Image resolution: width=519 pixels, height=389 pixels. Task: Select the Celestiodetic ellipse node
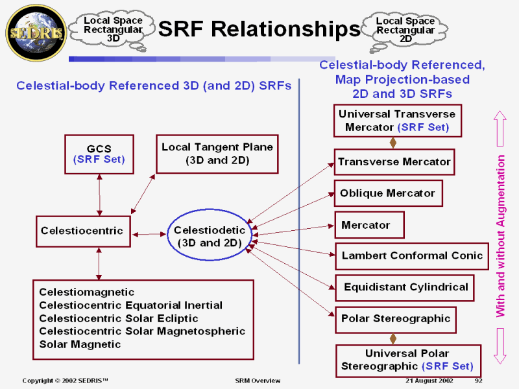(x=209, y=236)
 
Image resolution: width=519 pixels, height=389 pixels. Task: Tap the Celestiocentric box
(x=82, y=231)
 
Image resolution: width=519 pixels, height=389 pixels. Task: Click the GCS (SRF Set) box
(x=99, y=154)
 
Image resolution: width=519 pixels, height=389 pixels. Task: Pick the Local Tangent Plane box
(x=217, y=154)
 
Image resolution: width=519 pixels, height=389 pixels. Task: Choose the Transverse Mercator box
(x=394, y=162)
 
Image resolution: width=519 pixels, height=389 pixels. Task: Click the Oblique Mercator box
(x=388, y=193)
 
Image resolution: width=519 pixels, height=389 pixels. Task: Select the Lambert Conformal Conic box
(x=412, y=255)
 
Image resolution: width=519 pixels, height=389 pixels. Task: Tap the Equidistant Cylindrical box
(x=405, y=287)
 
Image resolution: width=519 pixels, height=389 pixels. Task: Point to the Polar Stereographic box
(x=395, y=318)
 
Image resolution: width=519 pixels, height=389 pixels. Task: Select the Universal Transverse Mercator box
(x=396, y=121)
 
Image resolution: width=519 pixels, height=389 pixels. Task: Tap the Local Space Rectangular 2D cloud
(x=405, y=29)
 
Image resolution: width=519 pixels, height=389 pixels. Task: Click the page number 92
(x=479, y=381)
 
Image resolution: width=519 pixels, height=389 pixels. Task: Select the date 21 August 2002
(x=429, y=381)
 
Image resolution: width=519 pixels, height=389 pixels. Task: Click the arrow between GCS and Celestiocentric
(x=99, y=195)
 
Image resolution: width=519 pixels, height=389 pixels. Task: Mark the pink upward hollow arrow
(x=500, y=128)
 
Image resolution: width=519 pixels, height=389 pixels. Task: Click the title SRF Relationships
(x=259, y=29)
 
